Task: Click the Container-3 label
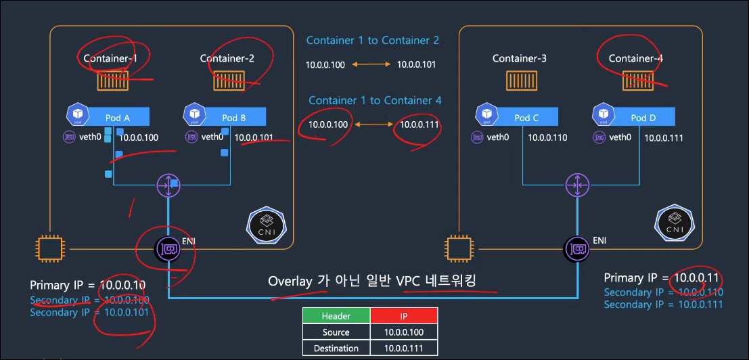point(519,58)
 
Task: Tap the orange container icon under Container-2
point(229,81)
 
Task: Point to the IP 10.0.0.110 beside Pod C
point(547,137)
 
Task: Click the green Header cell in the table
point(336,316)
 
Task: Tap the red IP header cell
point(404,316)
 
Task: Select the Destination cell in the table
point(336,348)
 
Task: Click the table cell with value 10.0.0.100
point(404,332)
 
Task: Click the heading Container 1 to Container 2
point(372,41)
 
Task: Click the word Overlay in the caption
point(290,281)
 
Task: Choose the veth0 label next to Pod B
point(212,137)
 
